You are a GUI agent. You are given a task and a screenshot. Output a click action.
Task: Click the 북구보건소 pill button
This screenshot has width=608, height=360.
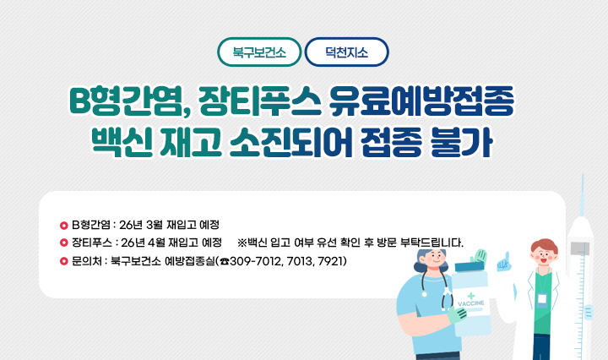259,52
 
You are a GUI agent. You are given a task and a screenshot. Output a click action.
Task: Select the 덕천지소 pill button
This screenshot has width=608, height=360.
346,52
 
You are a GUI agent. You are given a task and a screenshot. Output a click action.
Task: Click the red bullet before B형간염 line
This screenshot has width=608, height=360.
63,226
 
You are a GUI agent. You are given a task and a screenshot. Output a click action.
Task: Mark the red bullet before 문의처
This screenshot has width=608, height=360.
63,261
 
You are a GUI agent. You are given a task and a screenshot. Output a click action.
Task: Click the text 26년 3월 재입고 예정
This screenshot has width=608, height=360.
170,226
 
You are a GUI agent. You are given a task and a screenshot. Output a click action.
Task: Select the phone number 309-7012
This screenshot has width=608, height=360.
258,261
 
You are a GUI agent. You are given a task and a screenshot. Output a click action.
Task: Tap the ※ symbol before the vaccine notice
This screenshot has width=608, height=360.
243,243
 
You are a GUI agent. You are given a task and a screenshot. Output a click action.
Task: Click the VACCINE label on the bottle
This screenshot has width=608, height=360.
470,302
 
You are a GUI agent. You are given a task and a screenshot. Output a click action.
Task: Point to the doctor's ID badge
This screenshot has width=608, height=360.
541,299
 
